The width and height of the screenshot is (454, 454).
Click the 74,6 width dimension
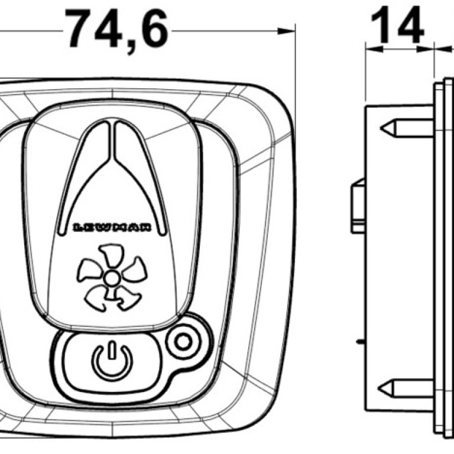[116, 29]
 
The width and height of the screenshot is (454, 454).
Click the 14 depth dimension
[397, 27]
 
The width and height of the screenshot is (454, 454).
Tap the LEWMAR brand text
[112, 227]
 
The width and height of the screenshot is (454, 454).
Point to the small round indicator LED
[182, 341]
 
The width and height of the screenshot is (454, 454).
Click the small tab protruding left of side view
[358, 206]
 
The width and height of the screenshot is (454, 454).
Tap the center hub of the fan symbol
[111, 278]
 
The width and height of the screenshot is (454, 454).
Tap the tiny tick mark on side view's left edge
[359, 341]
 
